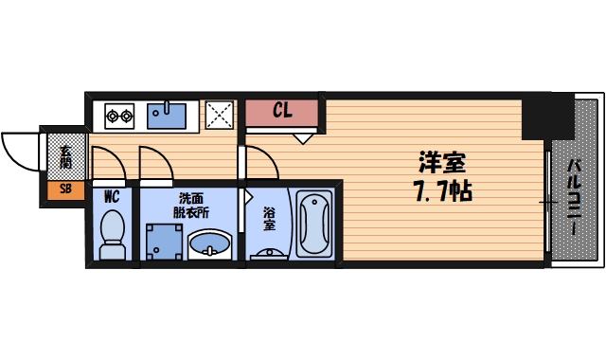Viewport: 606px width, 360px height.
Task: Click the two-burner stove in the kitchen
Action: click(118, 116)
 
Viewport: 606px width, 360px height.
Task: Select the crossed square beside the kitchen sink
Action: click(221, 115)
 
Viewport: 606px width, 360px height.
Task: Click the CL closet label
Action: click(282, 111)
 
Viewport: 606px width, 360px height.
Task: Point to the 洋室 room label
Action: click(442, 163)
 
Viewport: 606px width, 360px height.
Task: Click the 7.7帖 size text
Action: click(442, 190)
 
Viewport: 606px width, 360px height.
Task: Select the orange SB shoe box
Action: click(65, 189)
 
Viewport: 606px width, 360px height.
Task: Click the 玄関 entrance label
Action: click(65, 156)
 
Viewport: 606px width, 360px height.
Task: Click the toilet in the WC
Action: click(113, 233)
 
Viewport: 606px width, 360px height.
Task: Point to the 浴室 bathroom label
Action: click(268, 219)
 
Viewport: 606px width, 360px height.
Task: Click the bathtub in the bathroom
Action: click(312, 225)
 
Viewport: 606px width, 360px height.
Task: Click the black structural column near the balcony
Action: click(548, 116)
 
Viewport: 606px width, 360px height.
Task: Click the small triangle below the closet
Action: click(303, 138)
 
